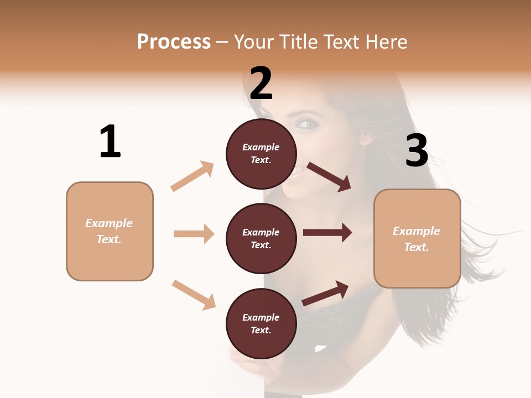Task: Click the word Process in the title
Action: point(174,42)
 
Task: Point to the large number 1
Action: point(110,142)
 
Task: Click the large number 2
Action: point(261,83)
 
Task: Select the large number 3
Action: point(417,150)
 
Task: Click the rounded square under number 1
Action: point(110,231)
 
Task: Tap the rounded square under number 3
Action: point(417,238)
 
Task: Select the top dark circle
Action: point(261,154)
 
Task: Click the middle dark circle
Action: point(261,238)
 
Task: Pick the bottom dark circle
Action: point(261,323)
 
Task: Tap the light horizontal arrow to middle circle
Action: point(194,234)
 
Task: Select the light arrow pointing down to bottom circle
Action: point(194,295)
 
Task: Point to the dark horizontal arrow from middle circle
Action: point(327,233)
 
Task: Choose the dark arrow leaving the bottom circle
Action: point(325,294)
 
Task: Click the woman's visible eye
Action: point(306,124)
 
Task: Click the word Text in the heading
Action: point(341,42)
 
